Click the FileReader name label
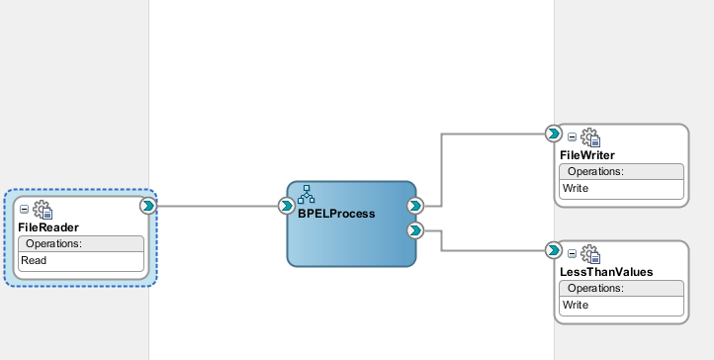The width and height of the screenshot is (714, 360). click(x=48, y=227)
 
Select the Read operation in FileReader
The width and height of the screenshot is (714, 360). click(x=35, y=260)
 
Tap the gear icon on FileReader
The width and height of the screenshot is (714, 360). click(x=43, y=210)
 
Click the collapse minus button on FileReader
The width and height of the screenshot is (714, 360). click(x=25, y=210)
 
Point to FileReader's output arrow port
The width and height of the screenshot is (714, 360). click(x=147, y=206)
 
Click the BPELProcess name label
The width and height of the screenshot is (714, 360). click(x=336, y=213)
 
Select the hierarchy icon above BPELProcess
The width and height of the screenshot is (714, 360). click(x=307, y=194)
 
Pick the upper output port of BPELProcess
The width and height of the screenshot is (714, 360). click(x=415, y=206)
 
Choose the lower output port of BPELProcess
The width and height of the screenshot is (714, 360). click(x=415, y=230)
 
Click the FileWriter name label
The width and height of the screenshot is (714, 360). click(x=587, y=155)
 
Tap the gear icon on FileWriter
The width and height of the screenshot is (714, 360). click(x=589, y=137)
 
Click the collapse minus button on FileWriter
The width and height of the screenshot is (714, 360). click(x=572, y=137)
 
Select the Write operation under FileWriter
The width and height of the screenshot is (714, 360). click(x=576, y=188)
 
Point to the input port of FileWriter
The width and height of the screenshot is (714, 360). click(x=554, y=133)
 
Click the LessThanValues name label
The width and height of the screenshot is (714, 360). click(x=606, y=271)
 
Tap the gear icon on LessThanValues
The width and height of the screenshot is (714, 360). click(x=589, y=253)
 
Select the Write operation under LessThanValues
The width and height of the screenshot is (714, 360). click(x=576, y=304)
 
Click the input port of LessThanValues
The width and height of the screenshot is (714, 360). click(x=554, y=249)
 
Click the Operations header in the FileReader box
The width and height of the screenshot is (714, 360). click(x=53, y=243)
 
